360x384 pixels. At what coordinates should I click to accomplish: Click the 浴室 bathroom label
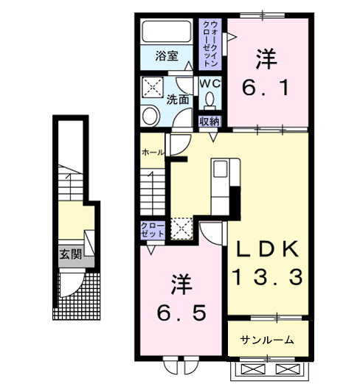click(x=167, y=55)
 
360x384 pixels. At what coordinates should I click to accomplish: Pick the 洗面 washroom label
click(x=177, y=99)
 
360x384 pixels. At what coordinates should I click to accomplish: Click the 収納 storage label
click(x=210, y=122)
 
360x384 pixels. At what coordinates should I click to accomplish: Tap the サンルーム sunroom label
click(x=266, y=340)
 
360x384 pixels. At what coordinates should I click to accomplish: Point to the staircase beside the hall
click(x=155, y=190)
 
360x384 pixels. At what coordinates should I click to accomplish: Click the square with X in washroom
click(x=153, y=86)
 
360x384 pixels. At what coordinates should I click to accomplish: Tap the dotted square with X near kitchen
click(x=181, y=229)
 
